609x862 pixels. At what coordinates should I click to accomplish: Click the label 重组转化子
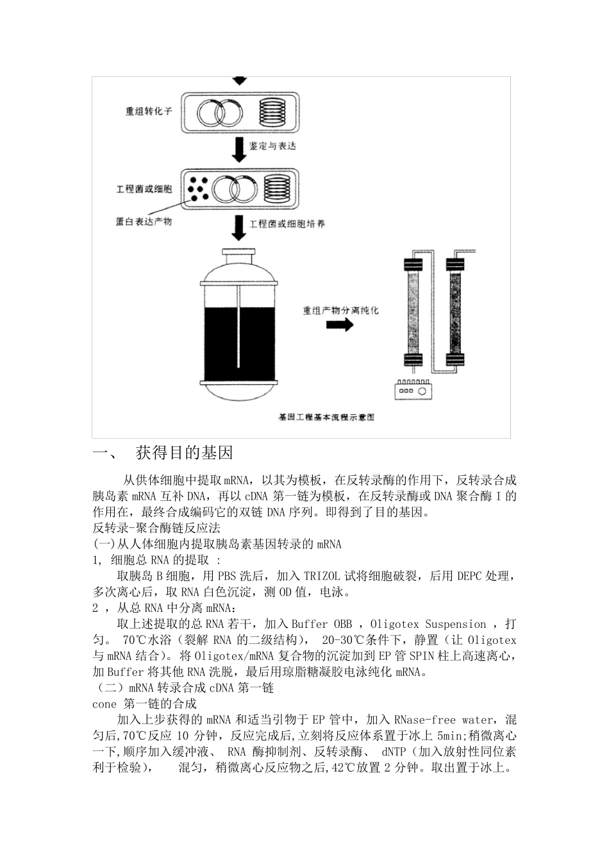pos(149,111)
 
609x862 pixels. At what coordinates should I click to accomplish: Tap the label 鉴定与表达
pos(272,147)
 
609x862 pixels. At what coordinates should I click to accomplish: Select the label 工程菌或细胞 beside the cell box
pos(144,189)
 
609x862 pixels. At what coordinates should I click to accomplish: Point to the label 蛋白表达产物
pos(144,221)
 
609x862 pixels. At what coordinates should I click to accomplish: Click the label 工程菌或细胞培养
pos(287,224)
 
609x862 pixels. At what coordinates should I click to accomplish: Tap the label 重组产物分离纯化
pos(340,310)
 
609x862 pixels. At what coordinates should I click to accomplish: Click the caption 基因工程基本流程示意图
pos(326,417)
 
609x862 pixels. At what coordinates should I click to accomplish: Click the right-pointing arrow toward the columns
pos(340,325)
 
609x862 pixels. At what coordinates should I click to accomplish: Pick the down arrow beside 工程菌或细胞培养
pos(238,226)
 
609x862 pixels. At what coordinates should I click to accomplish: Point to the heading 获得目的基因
pos(185,453)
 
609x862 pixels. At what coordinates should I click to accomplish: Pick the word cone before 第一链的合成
pos(104,704)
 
